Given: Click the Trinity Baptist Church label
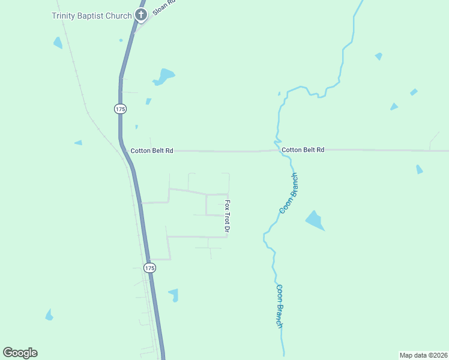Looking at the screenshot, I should tap(91, 16).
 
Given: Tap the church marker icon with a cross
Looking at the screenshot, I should tap(141, 15).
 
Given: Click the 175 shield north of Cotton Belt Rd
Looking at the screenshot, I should tap(120, 109).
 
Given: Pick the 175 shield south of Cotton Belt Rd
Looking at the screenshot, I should tap(150, 268).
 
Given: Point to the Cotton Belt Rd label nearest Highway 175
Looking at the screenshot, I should tap(152, 151).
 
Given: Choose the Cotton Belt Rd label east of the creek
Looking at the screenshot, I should tap(303, 149).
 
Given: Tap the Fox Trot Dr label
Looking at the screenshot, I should tap(228, 216).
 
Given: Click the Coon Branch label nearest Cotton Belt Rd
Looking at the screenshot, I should tap(289, 193).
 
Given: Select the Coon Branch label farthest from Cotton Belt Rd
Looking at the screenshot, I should tap(279, 305).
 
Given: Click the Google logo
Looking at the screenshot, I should tap(20, 353).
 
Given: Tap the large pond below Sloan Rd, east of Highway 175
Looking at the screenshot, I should tap(163, 76).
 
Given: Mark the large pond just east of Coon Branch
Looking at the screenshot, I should tap(314, 220).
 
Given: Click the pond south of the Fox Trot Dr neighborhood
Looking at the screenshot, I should tap(173, 294).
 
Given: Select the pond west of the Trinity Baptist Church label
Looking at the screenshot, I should tap(58, 43).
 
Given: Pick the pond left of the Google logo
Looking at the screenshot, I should tap(49, 315).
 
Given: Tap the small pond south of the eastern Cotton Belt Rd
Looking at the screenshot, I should tap(419, 169).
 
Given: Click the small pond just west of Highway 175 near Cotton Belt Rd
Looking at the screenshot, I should tap(78, 143).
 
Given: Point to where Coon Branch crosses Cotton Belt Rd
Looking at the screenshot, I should tap(280, 151).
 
